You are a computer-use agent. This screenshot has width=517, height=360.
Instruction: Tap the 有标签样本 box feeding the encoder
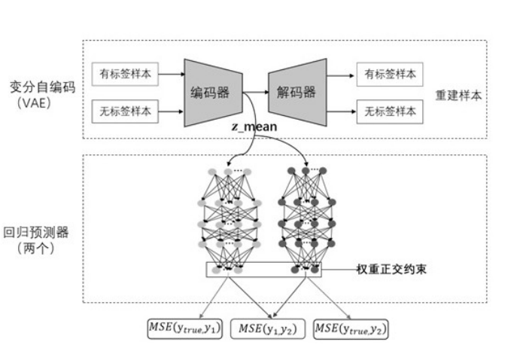click(125, 74)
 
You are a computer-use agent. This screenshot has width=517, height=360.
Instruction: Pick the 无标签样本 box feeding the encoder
click(125, 111)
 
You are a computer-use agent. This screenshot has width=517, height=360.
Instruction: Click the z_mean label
click(255, 129)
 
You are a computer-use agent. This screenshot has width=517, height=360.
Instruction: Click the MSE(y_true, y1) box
click(185, 328)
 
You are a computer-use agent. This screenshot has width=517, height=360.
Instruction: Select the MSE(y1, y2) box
click(268, 328)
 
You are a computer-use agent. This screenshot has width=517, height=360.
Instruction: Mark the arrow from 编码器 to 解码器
click(256, 93)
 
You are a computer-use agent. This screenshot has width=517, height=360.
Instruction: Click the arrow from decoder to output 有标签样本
click(340, 75)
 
